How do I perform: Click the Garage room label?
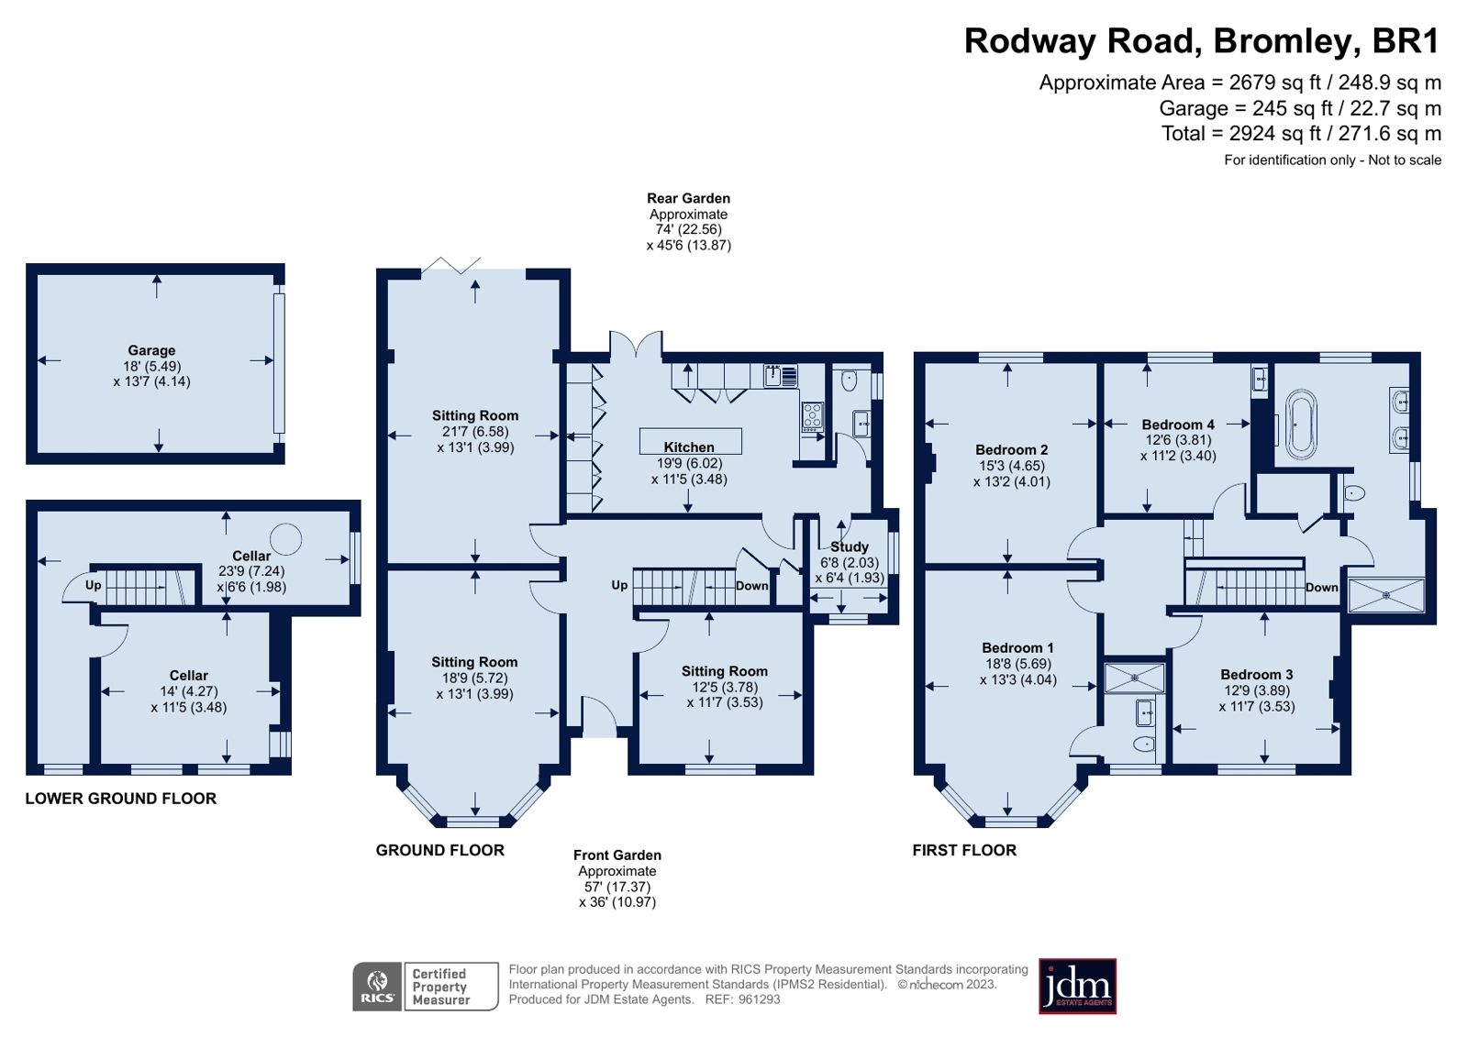pyautogui.click(x=151, y=350)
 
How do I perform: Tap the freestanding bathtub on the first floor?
pyautogui.click(x=1300, y=425)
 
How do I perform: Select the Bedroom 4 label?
pyautogui.click(x=1178, y=425)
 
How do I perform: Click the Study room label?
pyautogui.click(x=849, y=546)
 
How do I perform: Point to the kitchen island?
pyautogui.click(x=690, y=440)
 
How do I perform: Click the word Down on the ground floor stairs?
pyautogui.click(x=751, y=586)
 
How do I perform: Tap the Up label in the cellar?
pyautogui.click(x=94, y=585)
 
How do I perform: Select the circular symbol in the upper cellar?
pyautogui.click(x=285, y=539)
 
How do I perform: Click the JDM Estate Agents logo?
pyautogui.click(x=1077, y=987)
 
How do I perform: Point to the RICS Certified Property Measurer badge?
pyautogui.click(x=425, y=987)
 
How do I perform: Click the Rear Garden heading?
pyautogui.click(x=688, y=198)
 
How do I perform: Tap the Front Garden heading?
pyautogui.click(x=617, y=855)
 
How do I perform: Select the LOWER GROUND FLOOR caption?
pyautogui.click(x=121, y=799)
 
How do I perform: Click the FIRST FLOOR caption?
pyautogui.click(x=964, y=850)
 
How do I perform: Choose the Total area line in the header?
pyautogui.click(x=1301, y=134)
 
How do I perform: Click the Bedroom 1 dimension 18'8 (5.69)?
pyautogui.click(x=1018, y=664)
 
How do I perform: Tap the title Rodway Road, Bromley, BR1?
pyautogui.click(x=1201, y=41)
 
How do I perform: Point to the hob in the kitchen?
pyautogui.click(x=812, y=416)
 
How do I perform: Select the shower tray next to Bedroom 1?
pyautogui.click(x=1134, y=678)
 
